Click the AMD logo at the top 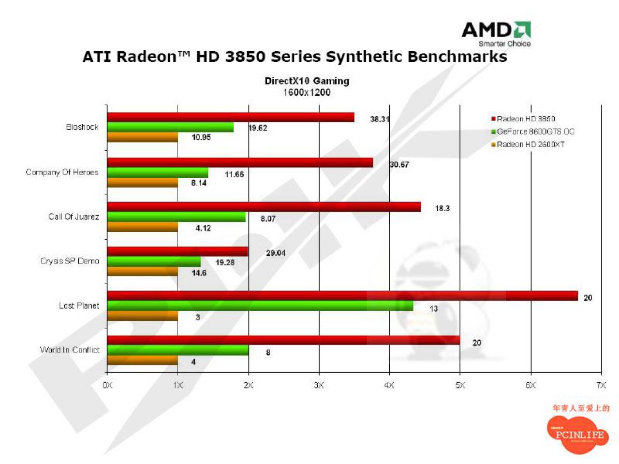coord(496,33)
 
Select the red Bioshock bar coord(230,117)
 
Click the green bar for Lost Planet coord(260,305)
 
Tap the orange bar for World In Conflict coord(142,361)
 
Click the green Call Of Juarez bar coord(176,217)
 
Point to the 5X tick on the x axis coord(460,385)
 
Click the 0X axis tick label coord(107,385)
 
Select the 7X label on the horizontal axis coord(601,385)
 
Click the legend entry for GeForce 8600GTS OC coord(532,131)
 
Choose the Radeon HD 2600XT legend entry coord(528,145)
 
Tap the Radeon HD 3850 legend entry coord(523,119)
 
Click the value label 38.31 coord(380,119)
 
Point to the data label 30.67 coord(399,164)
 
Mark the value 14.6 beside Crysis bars coord(199,273)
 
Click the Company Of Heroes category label coord(62,172)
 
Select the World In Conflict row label coord(70,350)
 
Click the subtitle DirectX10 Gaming coord(307,81)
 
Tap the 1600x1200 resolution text coord(307,92)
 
